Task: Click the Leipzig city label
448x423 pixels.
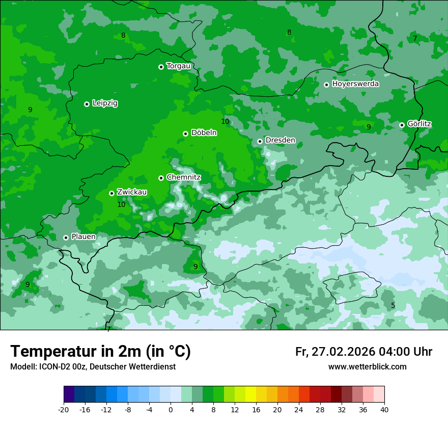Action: coord(105,103)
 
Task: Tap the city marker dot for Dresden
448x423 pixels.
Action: coord(260,141)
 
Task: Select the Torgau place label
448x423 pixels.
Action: coord(178,66)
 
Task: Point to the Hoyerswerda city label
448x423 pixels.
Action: coord(355,84)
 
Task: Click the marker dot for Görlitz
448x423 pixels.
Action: coord(402,125)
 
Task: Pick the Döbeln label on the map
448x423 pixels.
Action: coord(204,133)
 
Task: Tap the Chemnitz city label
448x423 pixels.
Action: coord(183,177)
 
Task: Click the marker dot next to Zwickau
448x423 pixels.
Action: coord(111,193)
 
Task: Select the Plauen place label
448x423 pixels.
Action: coord(83,237)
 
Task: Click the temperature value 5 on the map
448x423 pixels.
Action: coord(393,305)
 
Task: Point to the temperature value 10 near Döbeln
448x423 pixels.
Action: coord(225,121)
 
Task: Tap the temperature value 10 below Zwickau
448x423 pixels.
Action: coord(121,204)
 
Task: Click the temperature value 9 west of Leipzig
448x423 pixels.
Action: coord(30,110)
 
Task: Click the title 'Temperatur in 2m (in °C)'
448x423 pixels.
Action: coord(100,352)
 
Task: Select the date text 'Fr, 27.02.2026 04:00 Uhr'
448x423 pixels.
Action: coord(363,352)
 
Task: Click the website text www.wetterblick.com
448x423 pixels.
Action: coord(367,367)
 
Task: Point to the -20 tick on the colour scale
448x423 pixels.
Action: coord(64,409)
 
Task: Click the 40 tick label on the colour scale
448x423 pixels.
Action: coord(384,409)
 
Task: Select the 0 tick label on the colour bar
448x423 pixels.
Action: coord(171,409)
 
